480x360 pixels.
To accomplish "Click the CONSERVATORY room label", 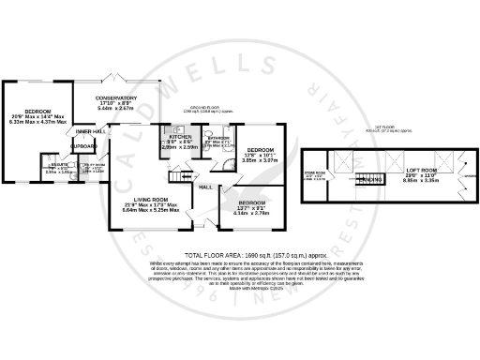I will (x=117, y=97).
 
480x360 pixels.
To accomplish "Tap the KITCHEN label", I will (x=179, y=136).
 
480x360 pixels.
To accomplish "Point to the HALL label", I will (x=204, y=187).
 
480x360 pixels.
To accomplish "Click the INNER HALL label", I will (x=90, y=132).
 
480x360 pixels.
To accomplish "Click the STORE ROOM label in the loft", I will (x=340, y=173).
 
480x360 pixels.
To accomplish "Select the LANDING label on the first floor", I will (x=371, y=179).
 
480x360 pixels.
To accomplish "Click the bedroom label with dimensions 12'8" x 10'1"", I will (x=260, y=151).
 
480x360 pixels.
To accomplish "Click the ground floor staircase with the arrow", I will (x=176, y=175).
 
